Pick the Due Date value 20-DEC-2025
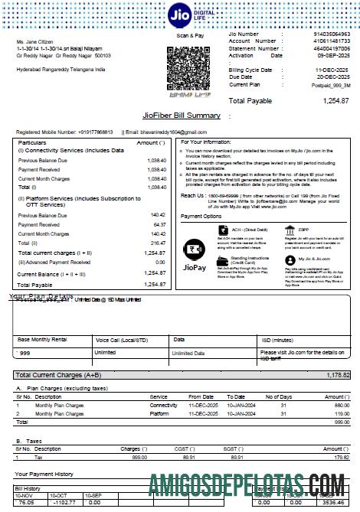332,77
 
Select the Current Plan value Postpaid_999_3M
330,84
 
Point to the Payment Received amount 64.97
156,224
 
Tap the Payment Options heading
201,217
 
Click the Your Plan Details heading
41,296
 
